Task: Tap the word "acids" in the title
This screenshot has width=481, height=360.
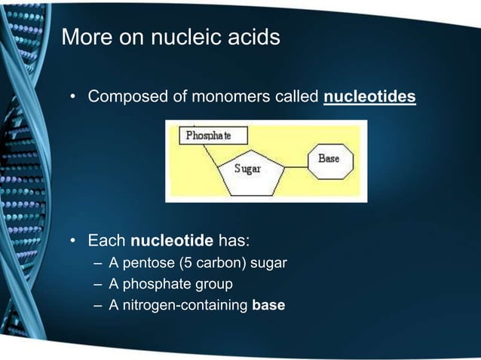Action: pyautogui.click(x=255, y=37)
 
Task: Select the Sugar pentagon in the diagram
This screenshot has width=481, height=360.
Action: pyautogui.click(x=250, y=170)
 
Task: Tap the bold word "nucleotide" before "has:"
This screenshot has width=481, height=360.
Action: pyautogui.click(x=173, y=242)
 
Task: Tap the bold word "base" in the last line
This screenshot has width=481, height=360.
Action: pyautogui.click(x=268, y=305)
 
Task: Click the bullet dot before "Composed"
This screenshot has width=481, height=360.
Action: pyautogui.click(x=75, y=98)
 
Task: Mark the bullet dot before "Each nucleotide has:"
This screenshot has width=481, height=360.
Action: pyautogui.click(x=75, y=243)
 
